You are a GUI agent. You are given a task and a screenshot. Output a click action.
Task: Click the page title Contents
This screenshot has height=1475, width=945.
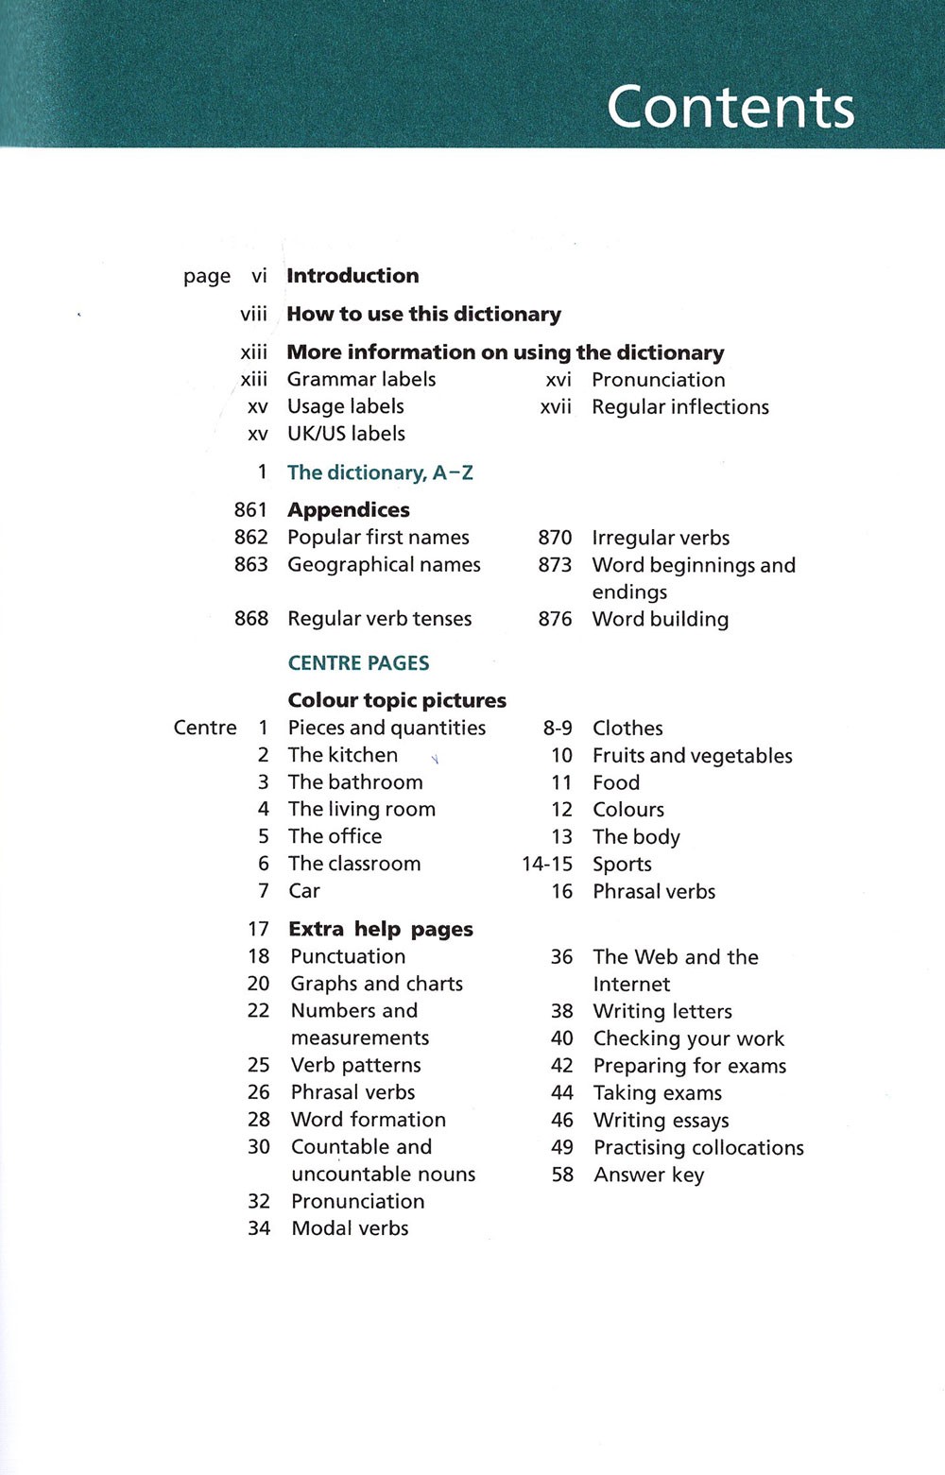click(730, 107)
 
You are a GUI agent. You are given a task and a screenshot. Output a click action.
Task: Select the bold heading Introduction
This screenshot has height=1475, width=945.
click(352, 276)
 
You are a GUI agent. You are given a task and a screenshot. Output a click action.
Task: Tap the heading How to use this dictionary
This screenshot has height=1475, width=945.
click(423, 314)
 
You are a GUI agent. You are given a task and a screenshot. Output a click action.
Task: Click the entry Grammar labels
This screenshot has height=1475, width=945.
click(361, 379)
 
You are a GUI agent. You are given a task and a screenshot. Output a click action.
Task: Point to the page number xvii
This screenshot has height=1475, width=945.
click(556, 407)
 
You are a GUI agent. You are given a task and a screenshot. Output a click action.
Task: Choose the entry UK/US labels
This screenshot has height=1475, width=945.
click(346, 434)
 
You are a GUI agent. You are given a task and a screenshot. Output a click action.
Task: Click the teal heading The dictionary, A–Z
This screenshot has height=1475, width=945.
click(380, 472)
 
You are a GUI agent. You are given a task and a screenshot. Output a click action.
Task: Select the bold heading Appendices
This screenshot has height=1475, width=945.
click(348, 510)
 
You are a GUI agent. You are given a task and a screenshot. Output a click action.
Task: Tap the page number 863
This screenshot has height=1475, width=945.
click(251, 565)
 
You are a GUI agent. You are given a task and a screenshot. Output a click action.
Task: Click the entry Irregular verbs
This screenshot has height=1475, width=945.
click(661, 538)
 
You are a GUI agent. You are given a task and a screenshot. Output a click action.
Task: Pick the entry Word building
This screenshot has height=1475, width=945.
click(660, 620)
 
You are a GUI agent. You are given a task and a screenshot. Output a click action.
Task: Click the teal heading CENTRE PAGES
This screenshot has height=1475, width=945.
click(358, 663)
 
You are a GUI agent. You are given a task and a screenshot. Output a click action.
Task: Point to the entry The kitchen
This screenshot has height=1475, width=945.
click(342, 755)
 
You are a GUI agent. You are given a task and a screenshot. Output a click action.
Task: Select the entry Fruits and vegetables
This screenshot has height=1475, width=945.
click(692, 756)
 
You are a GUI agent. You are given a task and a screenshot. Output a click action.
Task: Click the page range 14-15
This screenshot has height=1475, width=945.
click(547, 865)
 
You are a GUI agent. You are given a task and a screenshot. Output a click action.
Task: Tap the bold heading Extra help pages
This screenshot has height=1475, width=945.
click(380, 930)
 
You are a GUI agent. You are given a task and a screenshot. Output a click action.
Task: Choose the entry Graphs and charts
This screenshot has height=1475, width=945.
click(376, 984)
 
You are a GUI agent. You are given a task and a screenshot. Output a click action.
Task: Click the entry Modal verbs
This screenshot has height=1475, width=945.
click(350, 1228)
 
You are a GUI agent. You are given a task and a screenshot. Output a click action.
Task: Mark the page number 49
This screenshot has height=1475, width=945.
click(562, 1147)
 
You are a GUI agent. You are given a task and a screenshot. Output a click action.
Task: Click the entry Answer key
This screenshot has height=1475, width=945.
click(648, 1175)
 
